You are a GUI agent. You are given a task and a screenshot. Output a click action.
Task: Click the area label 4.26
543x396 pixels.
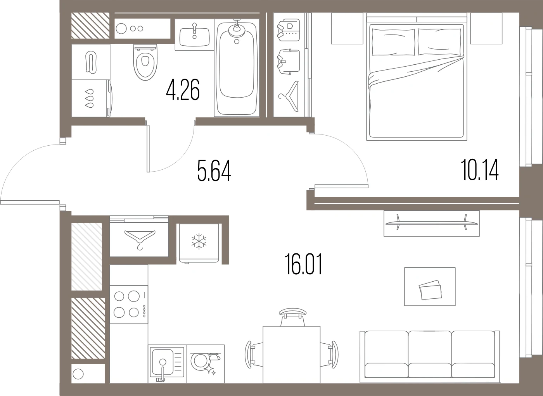(x=183, y=90)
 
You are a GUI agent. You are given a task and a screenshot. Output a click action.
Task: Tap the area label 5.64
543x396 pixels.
(x=214, y=170)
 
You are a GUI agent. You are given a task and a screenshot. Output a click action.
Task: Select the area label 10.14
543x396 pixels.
(x=479, y=170)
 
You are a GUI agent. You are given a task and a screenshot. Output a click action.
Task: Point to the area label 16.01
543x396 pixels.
(x=303, y=264)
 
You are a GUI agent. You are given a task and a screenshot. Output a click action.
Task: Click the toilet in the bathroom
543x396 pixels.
(x=145, y=62)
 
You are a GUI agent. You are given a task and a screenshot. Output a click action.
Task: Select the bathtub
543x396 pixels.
(x=237, y=68)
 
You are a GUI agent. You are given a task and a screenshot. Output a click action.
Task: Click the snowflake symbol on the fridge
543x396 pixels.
(x=199, y=241)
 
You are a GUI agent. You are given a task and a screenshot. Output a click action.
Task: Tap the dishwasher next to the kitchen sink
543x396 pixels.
(x=205, y=364)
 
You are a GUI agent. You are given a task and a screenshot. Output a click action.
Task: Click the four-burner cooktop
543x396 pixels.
(x=129, y=305)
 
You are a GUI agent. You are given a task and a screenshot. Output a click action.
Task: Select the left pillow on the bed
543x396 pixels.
(x=393, y=42)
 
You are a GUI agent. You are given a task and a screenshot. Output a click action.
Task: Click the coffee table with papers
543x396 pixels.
(x=430, y=286)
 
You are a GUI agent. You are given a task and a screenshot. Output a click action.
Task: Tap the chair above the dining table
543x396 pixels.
(x=292, y=317)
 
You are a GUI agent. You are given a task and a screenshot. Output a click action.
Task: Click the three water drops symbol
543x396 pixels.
(x=89, y=98)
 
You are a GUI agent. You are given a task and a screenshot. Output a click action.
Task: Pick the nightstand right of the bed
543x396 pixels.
(x=486, y=28)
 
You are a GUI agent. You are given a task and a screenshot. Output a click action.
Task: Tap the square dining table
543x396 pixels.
(x=292, y=355)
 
